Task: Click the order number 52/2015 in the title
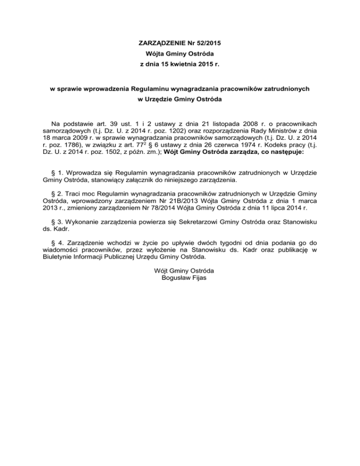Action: (x=206, y=43)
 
